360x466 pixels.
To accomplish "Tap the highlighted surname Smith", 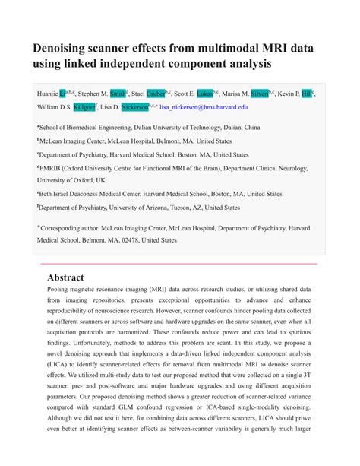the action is click(118, 94).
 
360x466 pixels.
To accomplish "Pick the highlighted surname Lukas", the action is click(205, 94).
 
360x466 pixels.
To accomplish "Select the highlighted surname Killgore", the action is click(84, 108).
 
